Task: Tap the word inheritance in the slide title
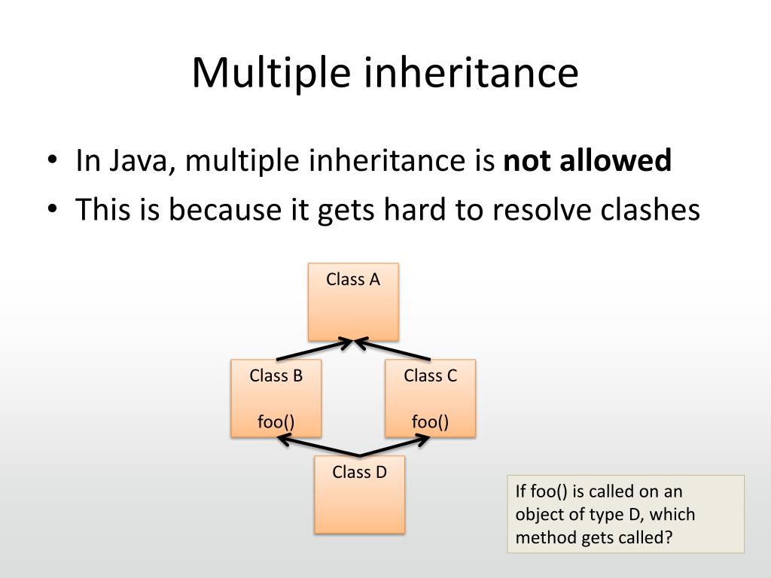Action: tap(466, 73)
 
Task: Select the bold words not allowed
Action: tap(587, 160)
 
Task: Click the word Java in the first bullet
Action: tap(140, 162)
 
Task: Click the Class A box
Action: tap(353, 301)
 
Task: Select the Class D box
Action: tap(359, 494)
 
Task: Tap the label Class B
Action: tap(276, 376)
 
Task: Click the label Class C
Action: tap(430, 376)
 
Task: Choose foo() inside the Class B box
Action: tap(276, 421)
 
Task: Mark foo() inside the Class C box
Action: tap(430, 421)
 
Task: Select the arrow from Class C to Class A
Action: tap(392, 351)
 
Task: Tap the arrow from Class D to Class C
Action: tap(395, 447)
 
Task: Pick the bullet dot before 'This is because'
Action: tap(51, 211)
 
